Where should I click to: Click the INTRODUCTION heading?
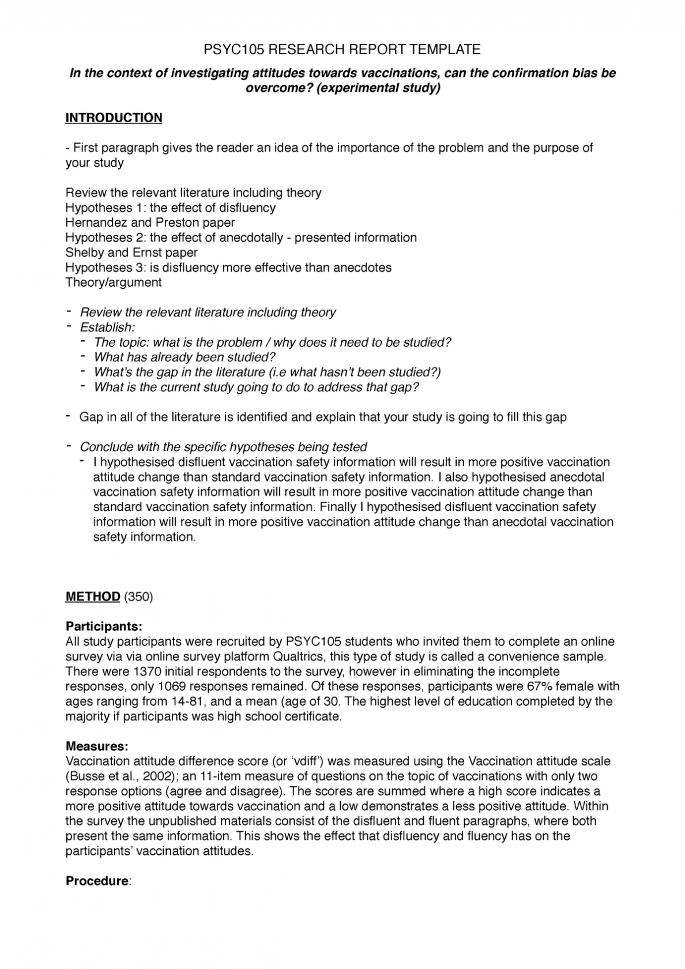(114, 118)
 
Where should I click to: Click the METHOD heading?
(92, 596)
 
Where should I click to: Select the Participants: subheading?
(104, 626)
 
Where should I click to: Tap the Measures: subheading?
(97, 746)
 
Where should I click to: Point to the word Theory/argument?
(114, 283)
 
